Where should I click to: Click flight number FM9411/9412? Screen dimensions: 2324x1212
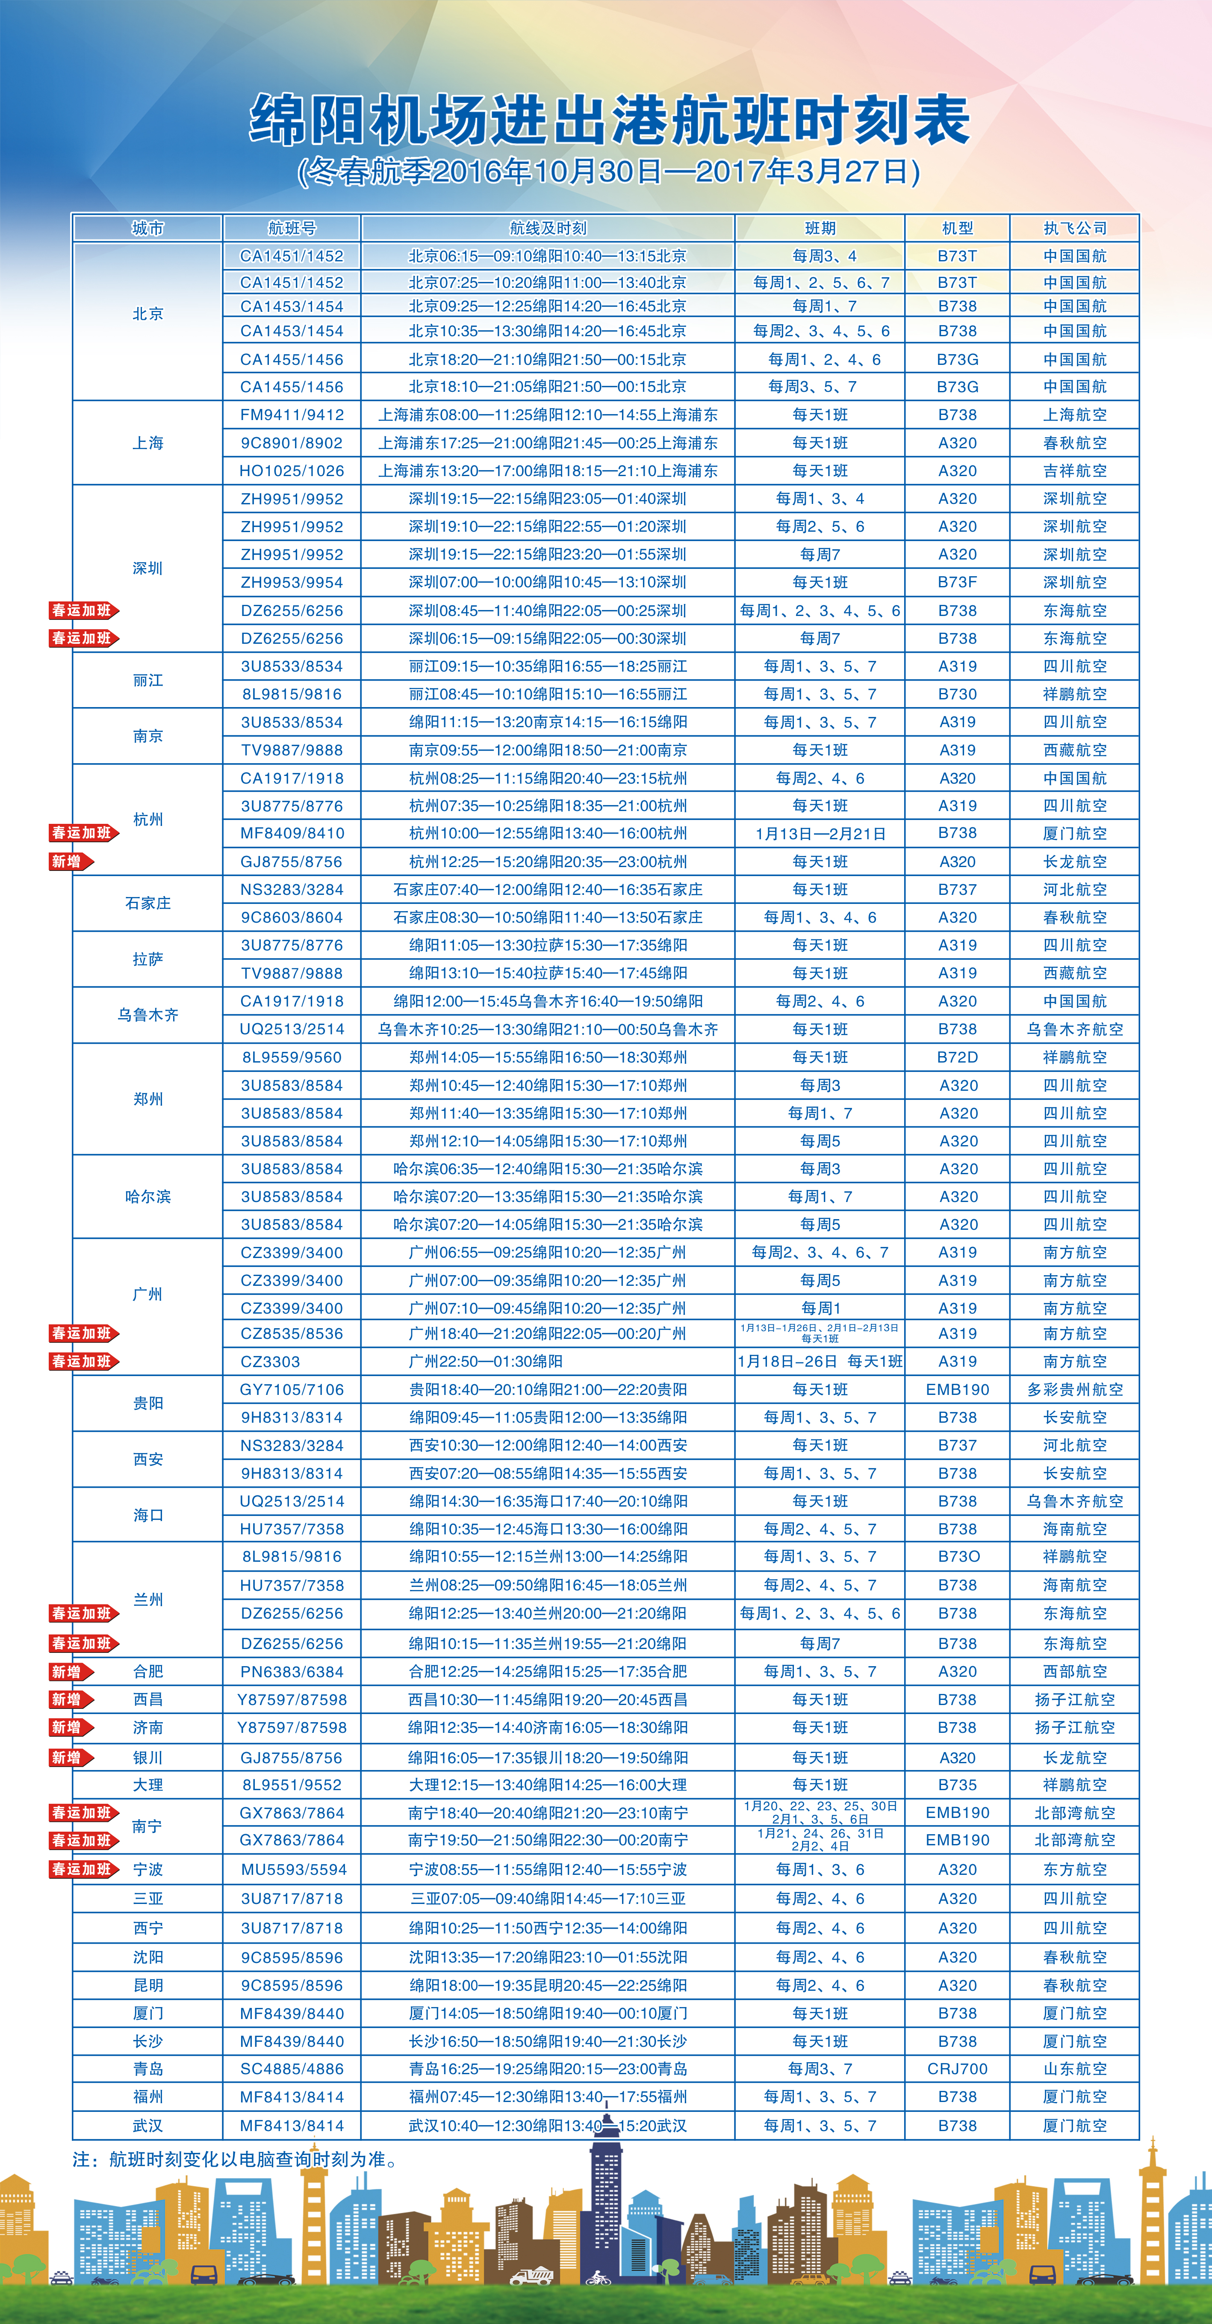(291, 415)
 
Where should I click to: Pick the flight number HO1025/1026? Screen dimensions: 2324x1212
(291, 471)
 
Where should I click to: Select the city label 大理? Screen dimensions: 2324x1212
(148, 1785)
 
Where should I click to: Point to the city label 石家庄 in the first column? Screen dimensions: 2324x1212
(148, 903)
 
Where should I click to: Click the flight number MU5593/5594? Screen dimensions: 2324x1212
(291, 1869)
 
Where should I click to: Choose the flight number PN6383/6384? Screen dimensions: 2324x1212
(291, 1672)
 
